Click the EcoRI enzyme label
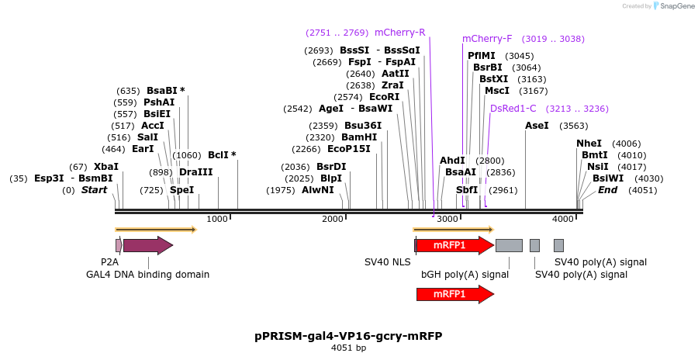[x=384, y=97]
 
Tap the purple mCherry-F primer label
[x=487, y=39]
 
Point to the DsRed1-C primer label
[x=513, y=109]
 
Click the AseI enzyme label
[x=537, y=126]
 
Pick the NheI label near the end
[x=589, y=144]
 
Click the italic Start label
[x=94, y=190]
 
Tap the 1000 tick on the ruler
[x=217, y=220]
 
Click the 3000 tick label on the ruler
[x=448, y=220]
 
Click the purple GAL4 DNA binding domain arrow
[x=147, y=245]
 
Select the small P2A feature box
[x=118, y=245]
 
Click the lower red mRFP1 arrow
[x=454, y=294]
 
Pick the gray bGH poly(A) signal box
[x=509, y=245]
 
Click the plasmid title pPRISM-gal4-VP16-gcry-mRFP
[x=348, y=336]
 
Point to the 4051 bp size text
[x=348, y=348]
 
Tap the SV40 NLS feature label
[x=387, y=262]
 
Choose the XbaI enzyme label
[x=106, y=167]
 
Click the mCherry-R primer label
[x=399, y=33]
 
